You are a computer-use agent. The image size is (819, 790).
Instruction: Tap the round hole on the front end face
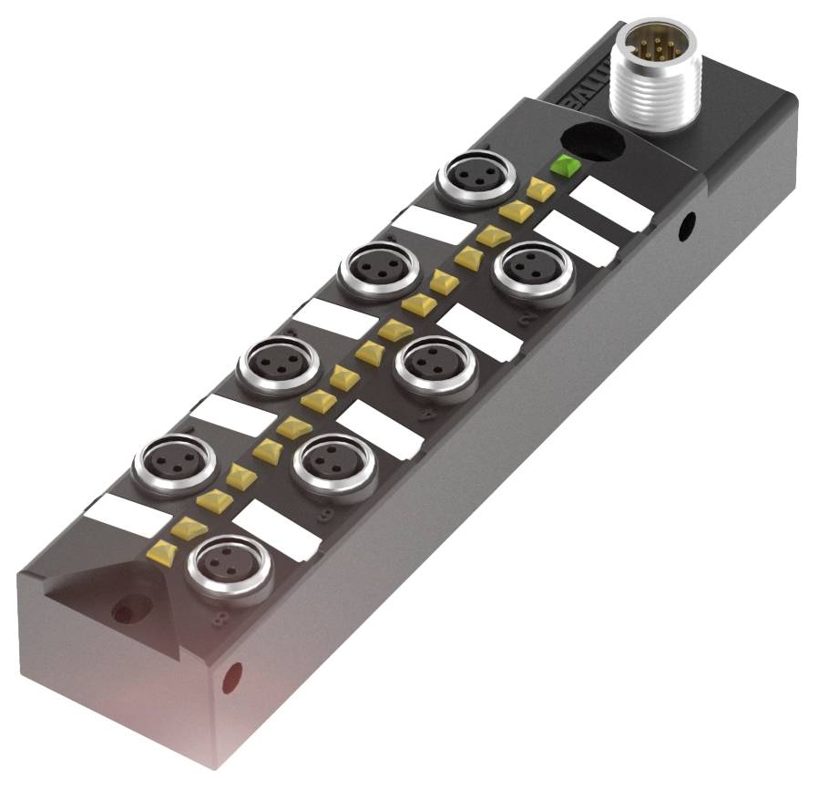click(x=232, y=676)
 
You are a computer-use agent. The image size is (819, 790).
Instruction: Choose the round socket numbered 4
click(x=435, y=364)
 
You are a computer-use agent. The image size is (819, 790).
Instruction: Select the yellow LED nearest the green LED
click(x=541, y=190)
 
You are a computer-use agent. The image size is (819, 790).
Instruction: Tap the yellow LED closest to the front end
click(x=165, y=549)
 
